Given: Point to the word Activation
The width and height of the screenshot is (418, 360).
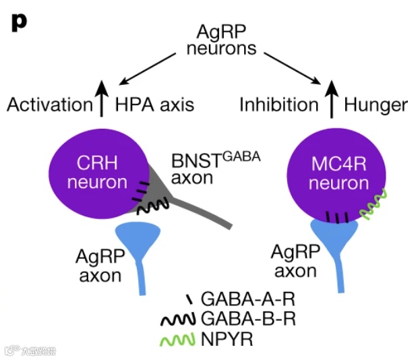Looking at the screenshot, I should [x=49, y=104].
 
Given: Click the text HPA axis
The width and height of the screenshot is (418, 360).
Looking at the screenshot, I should [x=154, y=104].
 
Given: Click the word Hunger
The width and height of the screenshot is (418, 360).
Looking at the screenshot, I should [x=376, y=104].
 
